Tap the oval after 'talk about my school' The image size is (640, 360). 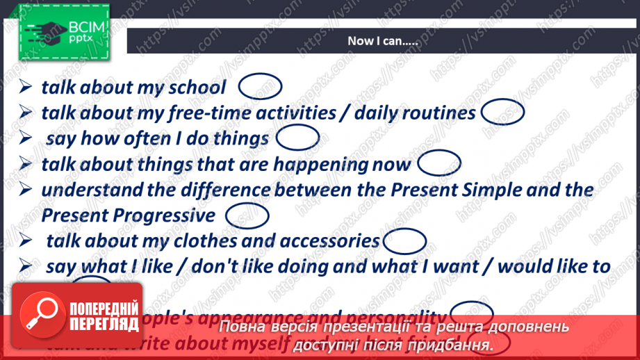[260, 86]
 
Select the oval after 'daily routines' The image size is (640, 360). [502, 111]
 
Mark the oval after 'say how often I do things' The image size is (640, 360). [297, 138]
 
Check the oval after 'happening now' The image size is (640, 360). [440, 163]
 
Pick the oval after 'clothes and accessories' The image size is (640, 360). [404, 240]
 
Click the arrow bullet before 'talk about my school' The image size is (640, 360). [26, 87]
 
